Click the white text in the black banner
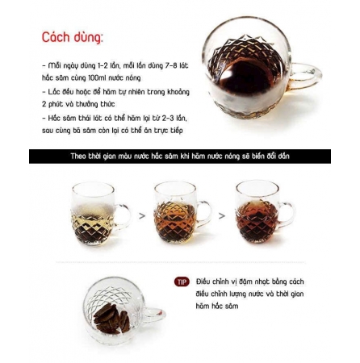179,156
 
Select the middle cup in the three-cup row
175,214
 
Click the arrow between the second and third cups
222,216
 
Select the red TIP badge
182,282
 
